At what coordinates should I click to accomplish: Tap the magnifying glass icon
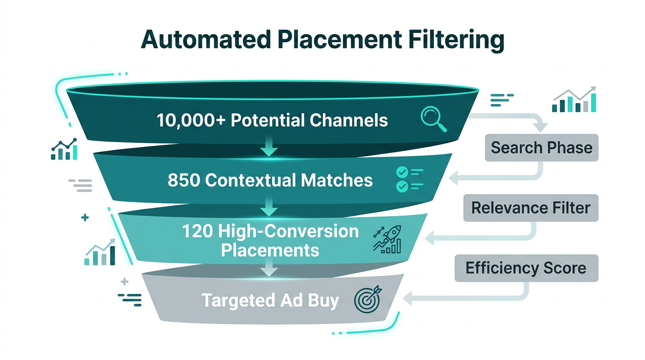pos(433,119)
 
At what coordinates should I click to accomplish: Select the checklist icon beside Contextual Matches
pos(409,180)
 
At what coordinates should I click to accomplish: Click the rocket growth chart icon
pos(387,239)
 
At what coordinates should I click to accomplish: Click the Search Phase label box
pos(541,148)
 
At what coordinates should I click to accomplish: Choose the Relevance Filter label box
pos(531,208)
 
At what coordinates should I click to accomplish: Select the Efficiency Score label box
pos(526,268)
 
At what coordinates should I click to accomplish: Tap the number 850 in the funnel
pos(183,180)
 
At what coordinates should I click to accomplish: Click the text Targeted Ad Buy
pos(270,300)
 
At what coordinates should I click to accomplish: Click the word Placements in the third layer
pos(270,250)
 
